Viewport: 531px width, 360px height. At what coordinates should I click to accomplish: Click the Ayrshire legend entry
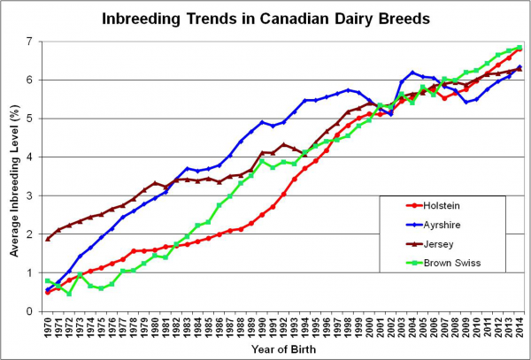tap(433, 225)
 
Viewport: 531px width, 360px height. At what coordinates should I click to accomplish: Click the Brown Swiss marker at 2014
tap(519, 48)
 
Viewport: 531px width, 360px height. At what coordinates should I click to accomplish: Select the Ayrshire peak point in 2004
tap(412, 73)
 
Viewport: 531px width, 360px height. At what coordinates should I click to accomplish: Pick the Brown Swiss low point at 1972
tap(69, 293)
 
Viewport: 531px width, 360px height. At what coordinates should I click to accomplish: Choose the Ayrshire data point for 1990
tap(262, 122)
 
